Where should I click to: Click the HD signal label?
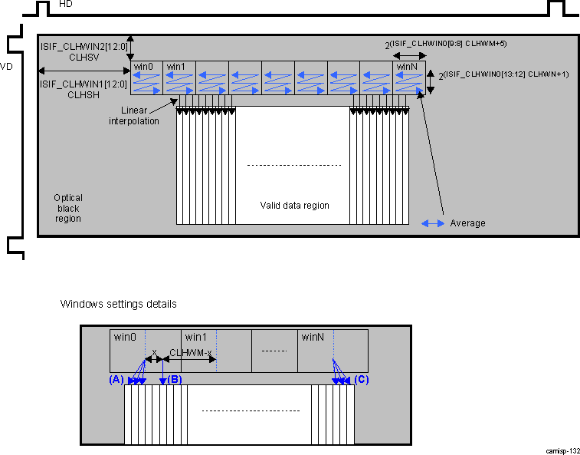click(x=66, y=5)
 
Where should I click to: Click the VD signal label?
click(x=5, y=66)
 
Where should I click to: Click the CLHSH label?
click(x=84, y=95)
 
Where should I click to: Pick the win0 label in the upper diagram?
click(x=143, y=67)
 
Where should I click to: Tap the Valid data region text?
click(x=294, y=205)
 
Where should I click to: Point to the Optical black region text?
click(x=67, y=208)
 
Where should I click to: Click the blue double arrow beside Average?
click(x=433, y=223)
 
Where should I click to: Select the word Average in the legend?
click(x=467, y=223)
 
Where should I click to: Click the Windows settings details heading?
click(x=119, y=304)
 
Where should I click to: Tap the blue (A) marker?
click(x=116, y=379)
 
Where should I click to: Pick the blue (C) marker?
click(x=362, y=379)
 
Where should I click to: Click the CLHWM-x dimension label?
click(x=191, y=352)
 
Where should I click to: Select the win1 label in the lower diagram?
click(x=195, y=337)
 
